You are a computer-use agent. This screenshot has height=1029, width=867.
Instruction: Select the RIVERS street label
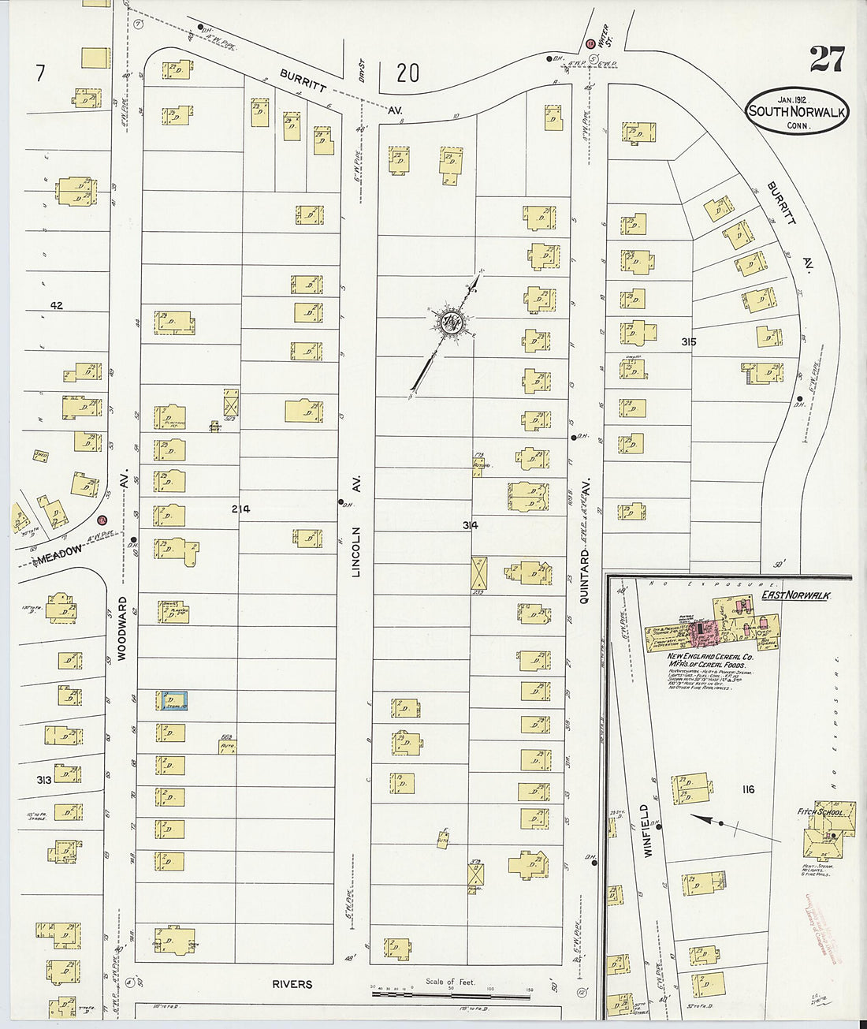292,984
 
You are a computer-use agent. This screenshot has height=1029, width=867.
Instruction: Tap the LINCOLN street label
355,552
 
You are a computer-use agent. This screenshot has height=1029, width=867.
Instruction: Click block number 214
240,509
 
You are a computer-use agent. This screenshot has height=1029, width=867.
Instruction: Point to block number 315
690,341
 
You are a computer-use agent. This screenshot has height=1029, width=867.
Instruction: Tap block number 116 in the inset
747,789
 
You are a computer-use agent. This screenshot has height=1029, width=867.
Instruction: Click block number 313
43,779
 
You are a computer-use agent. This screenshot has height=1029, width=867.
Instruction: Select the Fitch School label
820,812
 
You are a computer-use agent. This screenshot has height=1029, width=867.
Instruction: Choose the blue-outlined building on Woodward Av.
173,699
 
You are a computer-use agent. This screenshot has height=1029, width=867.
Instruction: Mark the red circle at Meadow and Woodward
102,520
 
